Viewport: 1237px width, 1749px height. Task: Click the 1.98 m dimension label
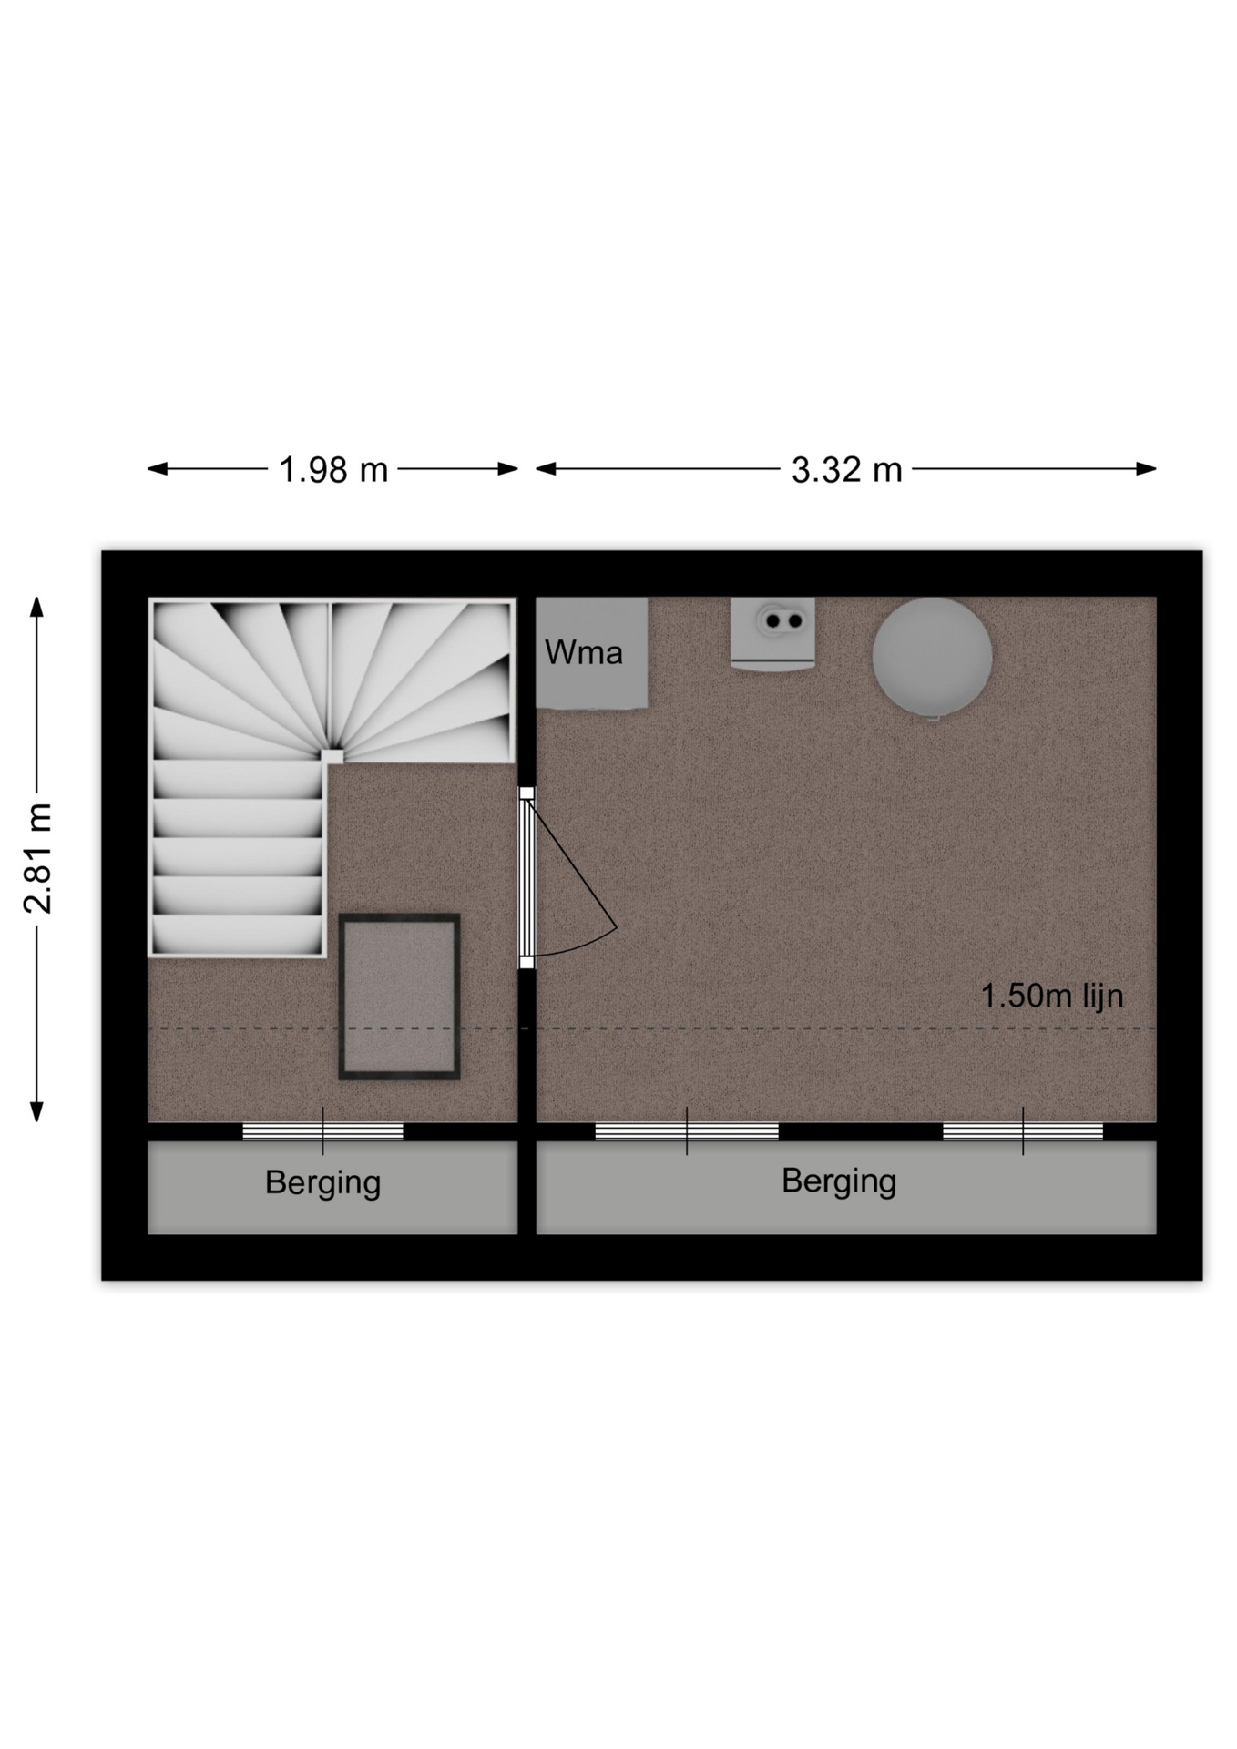tap(333, 470)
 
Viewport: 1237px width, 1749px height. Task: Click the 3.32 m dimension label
tap(846, 470)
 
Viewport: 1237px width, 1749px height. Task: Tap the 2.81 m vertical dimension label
tap(38, 858)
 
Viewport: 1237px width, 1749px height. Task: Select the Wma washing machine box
tap(591, 652)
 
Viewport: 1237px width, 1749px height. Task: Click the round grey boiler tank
tap(932, 659)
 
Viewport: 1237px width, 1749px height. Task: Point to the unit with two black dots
tap(772, 634)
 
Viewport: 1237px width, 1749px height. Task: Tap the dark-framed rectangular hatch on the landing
tap(399, 997)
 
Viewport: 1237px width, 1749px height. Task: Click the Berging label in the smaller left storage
tap(322, 1183)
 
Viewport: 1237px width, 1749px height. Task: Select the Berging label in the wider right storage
tap(839, 1181)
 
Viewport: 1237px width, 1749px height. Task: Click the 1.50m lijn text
tap(1052, 996)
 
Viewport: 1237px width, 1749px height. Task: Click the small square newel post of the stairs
tap(332, 755)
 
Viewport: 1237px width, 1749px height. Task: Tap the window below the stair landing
tap(322, 1131)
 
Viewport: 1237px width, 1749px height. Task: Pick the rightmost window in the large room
tap(1023, 1131)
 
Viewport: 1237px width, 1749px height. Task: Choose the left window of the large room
tap(687, 1131)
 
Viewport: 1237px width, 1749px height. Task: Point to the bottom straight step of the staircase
tap(238, 936)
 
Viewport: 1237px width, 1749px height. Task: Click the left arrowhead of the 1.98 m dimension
tap(158, 469)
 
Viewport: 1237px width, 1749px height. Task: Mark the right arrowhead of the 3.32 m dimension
tap(1146, 469)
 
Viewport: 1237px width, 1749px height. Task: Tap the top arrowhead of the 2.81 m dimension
tap(36, 608)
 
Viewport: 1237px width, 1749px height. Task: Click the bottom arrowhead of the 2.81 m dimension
tap(36, 1110)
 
